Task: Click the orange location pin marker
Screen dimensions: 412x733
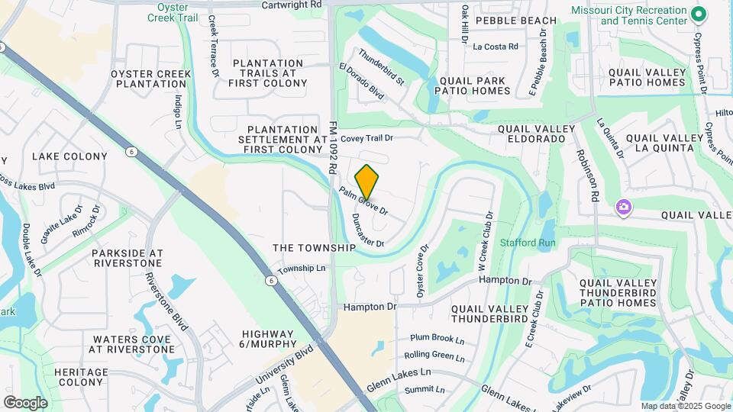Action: pos(366,182)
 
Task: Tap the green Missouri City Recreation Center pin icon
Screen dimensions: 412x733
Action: pos(698,14)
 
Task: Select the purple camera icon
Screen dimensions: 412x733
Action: pos(624,207)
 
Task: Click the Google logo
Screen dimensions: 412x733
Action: pos(25,402)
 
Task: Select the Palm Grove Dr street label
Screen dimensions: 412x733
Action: pos(364,201)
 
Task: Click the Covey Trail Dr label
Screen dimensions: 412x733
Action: pos(366,138)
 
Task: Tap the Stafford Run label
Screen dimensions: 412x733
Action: pos(528,243)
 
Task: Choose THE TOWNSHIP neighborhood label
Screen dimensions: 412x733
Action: pos(315,248)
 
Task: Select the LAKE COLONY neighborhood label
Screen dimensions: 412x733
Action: pos(69,156)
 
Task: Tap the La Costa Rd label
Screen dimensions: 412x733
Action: pos(496,47)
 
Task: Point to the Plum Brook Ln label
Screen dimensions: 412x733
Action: pos(437,338)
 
